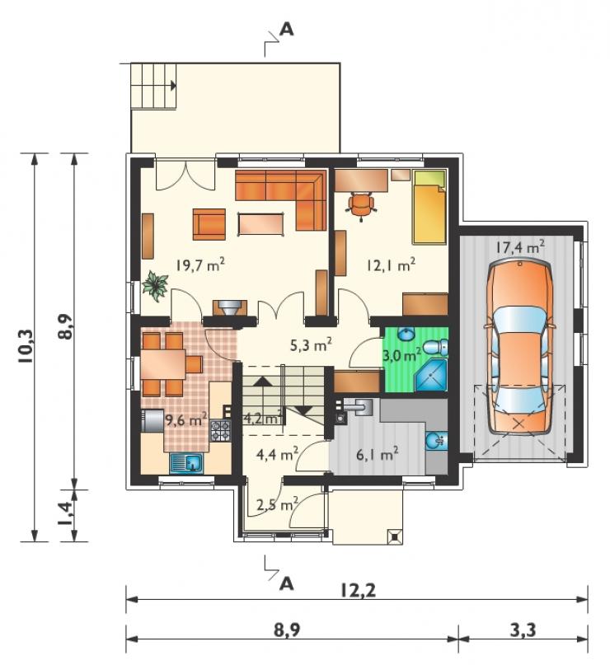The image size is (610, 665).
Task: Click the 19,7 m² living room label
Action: click(x=200, y=265)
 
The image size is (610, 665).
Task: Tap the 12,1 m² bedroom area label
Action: click(x=391, y=265)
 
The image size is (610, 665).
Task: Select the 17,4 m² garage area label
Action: click(x=520, y=247)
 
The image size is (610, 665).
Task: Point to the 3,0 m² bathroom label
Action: click(x=402, y=354)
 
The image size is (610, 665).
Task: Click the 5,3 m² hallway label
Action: click(x=311, y=345)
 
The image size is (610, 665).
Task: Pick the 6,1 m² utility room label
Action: click(x=377, y=455)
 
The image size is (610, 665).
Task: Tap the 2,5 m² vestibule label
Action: click(x=278, y=504)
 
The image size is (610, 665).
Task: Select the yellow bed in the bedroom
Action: click(x=429, y=208)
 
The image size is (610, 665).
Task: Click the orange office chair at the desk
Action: click(x=361, y=205)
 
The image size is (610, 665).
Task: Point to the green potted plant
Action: click(x=156, y=286)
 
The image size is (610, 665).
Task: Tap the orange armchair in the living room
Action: click(x=209, y=224)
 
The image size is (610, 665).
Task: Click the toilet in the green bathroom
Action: click(x=435, y=347)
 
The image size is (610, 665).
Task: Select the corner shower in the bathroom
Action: click(x=431, y=376)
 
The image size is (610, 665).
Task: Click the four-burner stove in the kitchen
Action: click(x=221, y=430)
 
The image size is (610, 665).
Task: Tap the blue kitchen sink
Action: click(x=187, y=463)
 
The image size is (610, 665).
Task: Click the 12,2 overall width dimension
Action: click(x=358, y=590)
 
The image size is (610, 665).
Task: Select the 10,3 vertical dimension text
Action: click(x=26, y=346)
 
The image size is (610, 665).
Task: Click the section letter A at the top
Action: click(x=287, y=30)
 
